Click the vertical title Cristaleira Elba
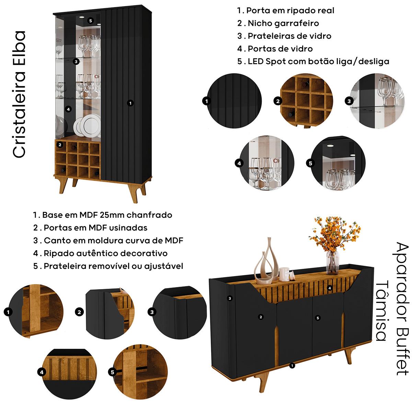point(19,94)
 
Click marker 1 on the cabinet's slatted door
point(130,103)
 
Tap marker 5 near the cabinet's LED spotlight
point(90,21)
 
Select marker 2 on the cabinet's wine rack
point(60,145)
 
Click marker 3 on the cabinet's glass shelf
point(76,62)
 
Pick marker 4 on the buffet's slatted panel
point(330,288)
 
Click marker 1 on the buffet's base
point(292,366)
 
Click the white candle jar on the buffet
point(284,275)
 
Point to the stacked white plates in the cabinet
point(88,126)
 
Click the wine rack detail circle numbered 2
point(306,101)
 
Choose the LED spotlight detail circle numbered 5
point(338,163)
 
